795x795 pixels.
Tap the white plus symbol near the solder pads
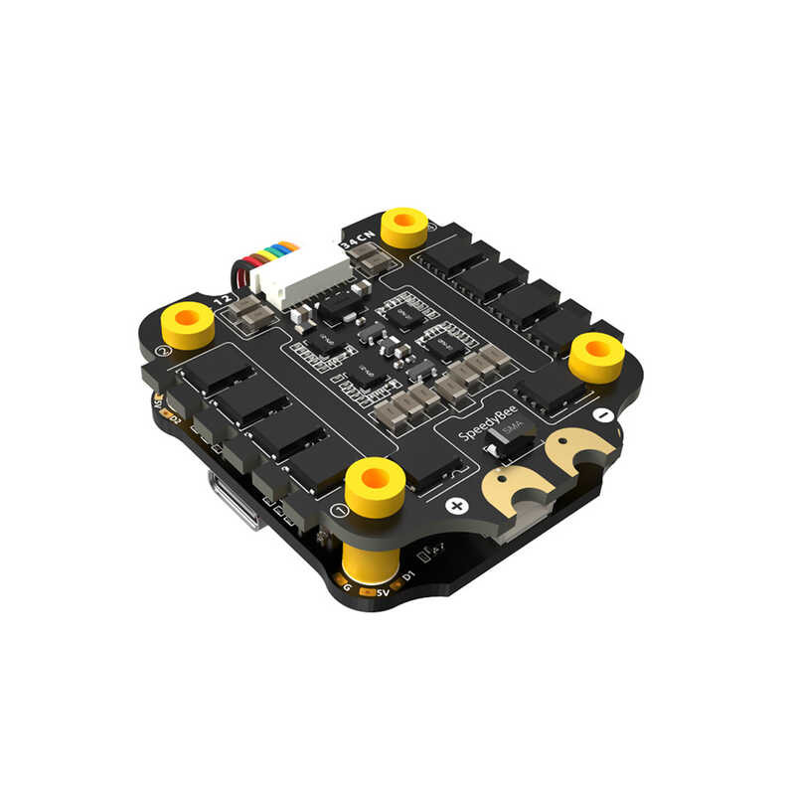coord(456,506)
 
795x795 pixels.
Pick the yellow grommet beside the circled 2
coord(188,325)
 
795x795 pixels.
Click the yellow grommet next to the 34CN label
coord(404,227)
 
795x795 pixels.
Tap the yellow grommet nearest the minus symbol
coord(596,356)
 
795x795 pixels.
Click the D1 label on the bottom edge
coord(407,576)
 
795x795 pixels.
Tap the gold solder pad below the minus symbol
coord(574,452)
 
